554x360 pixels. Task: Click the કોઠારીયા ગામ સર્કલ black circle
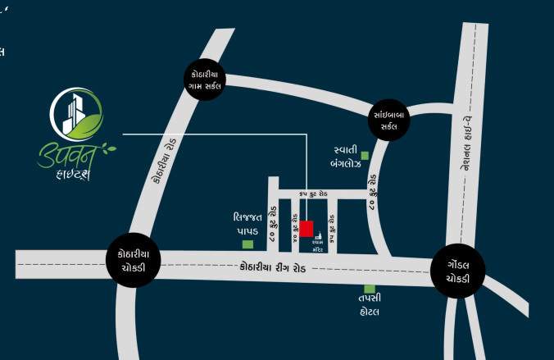tap(205, 78)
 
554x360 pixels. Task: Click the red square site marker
tap(307, 228)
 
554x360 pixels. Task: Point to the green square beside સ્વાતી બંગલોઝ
tap(366, 155)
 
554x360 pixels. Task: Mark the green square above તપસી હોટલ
tap(370, 289)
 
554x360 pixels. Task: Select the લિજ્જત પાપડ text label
tap(247, 225)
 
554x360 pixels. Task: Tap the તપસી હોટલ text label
tap(370, 306)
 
